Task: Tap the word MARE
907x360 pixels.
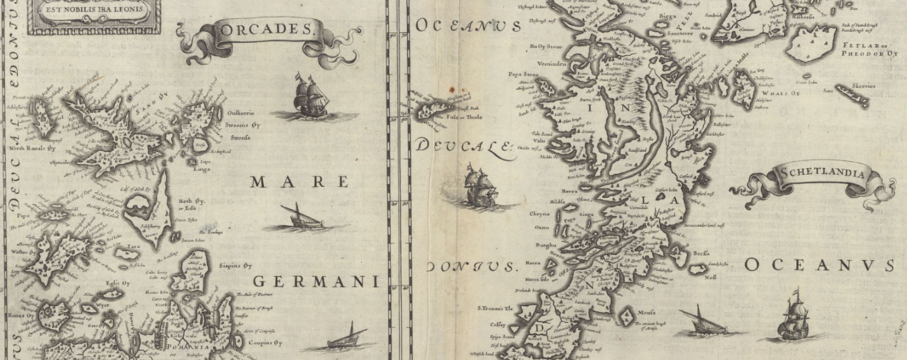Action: coord(300,183)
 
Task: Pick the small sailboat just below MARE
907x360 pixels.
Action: coord(304,217)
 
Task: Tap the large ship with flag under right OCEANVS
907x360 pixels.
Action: coord(795,317)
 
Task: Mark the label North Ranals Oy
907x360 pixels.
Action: coord(32,148)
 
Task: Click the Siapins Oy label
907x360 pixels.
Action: coord(235,266)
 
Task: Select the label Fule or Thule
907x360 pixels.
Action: coord(464,117)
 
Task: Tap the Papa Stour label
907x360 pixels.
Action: coord(523,74)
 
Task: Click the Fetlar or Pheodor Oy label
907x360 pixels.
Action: coord(869,49)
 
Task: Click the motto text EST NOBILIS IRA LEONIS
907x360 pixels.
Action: coord(93,11)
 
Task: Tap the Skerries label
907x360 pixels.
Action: coord(863,86)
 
